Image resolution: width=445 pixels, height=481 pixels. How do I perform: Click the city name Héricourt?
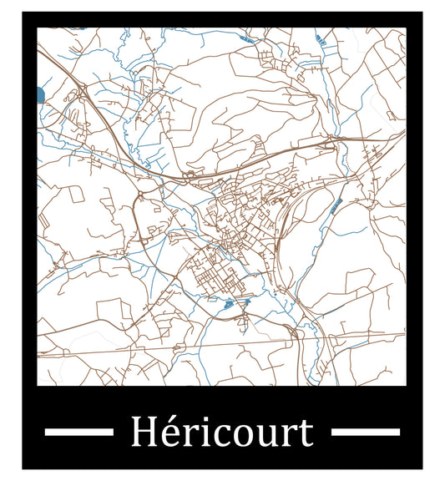pos(221,433)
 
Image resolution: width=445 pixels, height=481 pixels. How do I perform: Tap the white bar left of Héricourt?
pos(78,432)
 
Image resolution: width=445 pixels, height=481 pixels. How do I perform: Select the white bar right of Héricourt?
pos(366,432)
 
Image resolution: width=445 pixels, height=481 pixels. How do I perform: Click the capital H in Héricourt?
pos(143,433)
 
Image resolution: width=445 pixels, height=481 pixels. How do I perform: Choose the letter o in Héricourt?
pos(233,436)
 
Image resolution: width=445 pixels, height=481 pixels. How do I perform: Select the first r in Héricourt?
pos(185,436)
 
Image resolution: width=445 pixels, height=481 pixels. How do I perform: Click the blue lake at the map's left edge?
pos(40,94)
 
